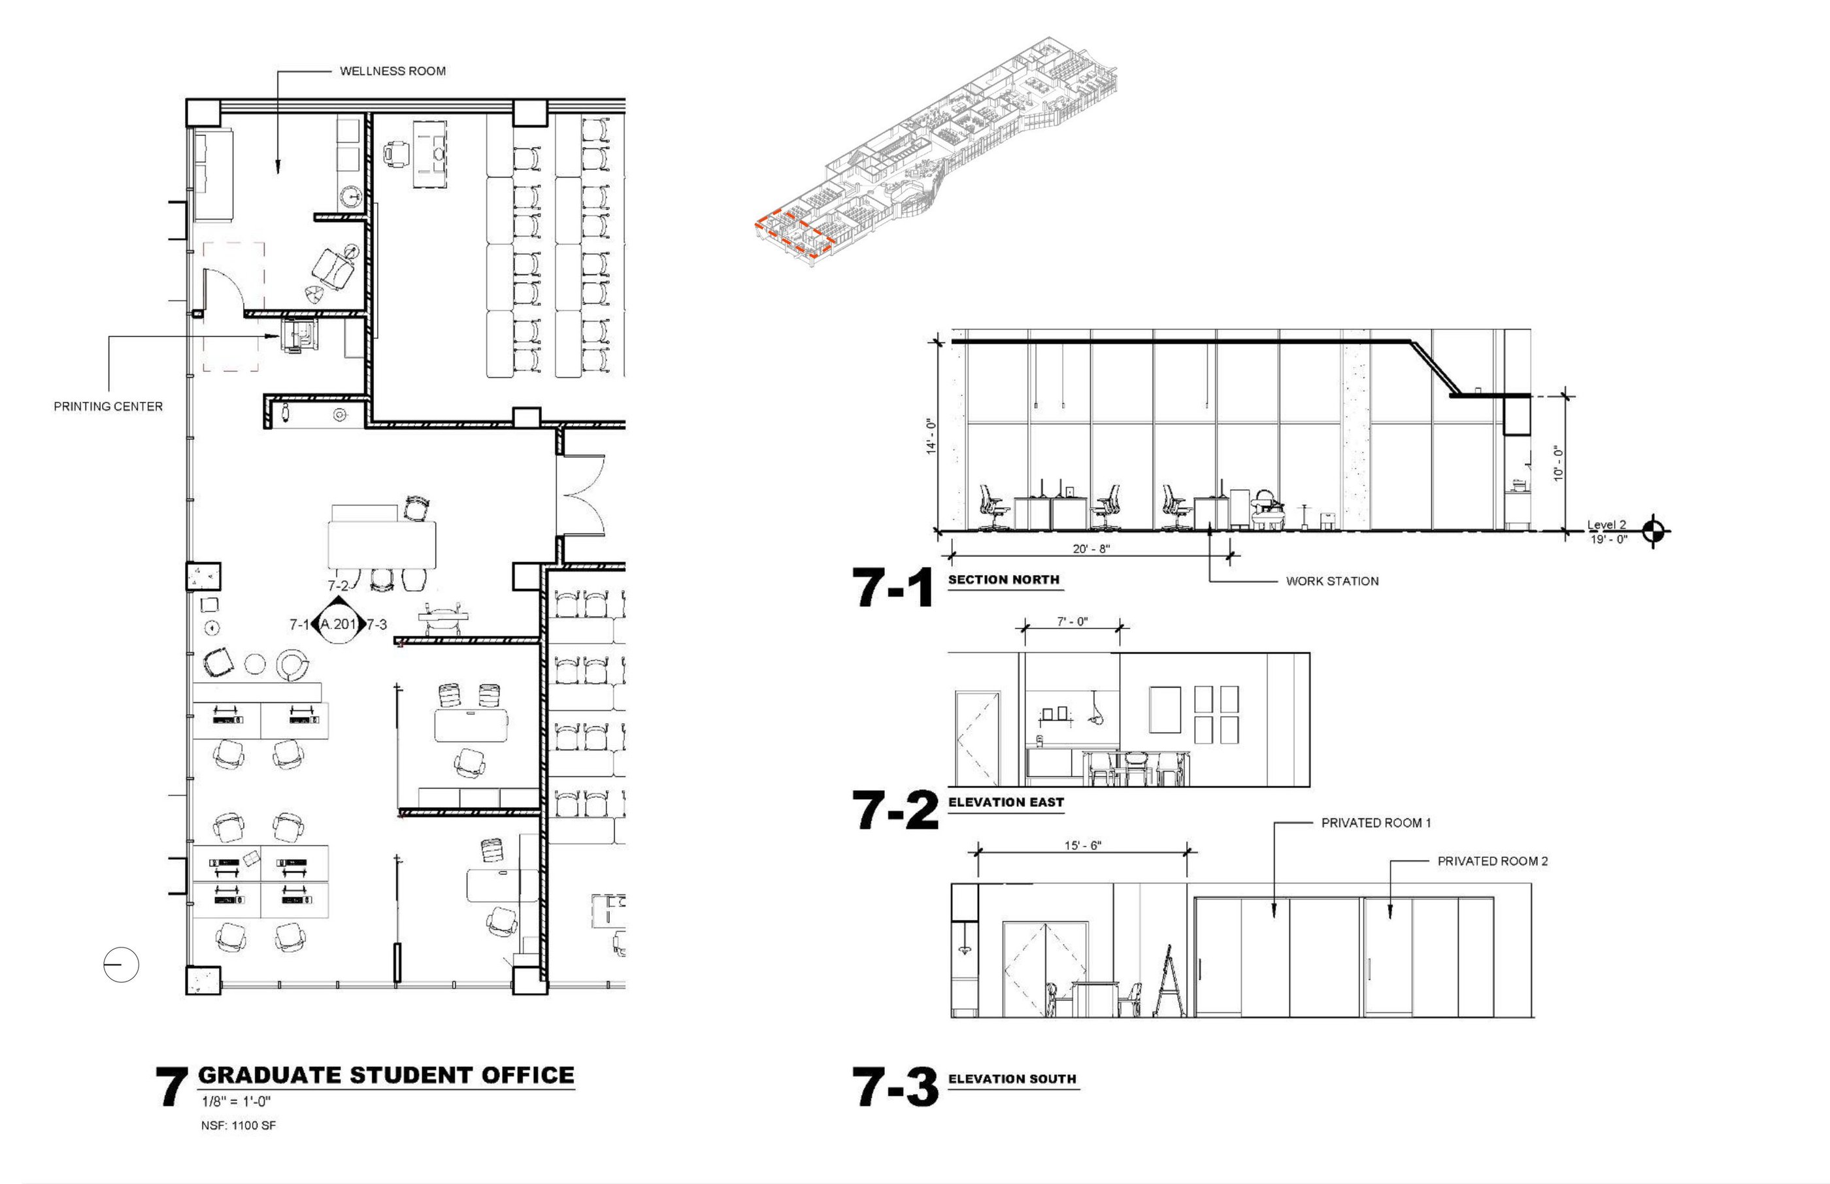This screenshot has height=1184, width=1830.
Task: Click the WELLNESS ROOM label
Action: [392, 71]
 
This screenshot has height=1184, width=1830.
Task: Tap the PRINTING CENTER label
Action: [108, 406]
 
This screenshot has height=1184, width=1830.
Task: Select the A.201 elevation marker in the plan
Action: [339, 623]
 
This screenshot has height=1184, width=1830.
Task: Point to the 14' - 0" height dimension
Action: [931, 436]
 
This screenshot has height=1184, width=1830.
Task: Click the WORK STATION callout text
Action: [1332, 582]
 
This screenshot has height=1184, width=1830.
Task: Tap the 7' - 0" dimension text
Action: [1072, 621]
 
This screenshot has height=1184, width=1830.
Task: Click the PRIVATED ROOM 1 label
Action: [1376, 823]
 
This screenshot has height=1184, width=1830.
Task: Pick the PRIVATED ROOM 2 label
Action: [1493, 861]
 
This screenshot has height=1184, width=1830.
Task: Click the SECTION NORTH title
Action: [1003, 580]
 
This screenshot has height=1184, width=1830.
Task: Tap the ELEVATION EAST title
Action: [1006, 802]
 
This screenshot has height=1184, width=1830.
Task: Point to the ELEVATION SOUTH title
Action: [1012, 1079]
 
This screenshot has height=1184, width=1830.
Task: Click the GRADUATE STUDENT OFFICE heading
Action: [386, 1075]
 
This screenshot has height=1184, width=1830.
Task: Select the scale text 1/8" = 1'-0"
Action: [236, 1101]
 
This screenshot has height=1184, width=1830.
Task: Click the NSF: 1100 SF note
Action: [239, 1126]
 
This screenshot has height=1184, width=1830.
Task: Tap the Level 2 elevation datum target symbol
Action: [1655, 531]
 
